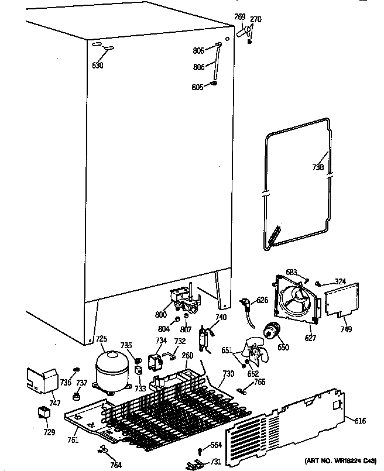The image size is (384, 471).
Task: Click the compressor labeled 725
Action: point(113,367)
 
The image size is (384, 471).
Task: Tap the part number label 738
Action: point(317,167)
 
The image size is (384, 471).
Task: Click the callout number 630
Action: point(98,66)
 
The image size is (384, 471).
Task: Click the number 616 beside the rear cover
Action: point(360,420)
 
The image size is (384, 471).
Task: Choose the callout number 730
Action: point(228,374)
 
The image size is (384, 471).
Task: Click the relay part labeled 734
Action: point(156,363)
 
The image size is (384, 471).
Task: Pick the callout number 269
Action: point(240,17)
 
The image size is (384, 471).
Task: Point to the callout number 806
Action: point(199,67)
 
